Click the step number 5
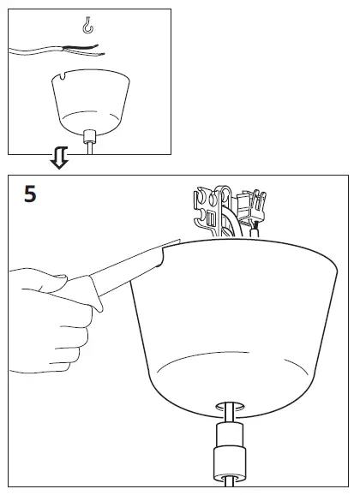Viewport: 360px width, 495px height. (29, 194)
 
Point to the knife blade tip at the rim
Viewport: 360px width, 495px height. (174, 243)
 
